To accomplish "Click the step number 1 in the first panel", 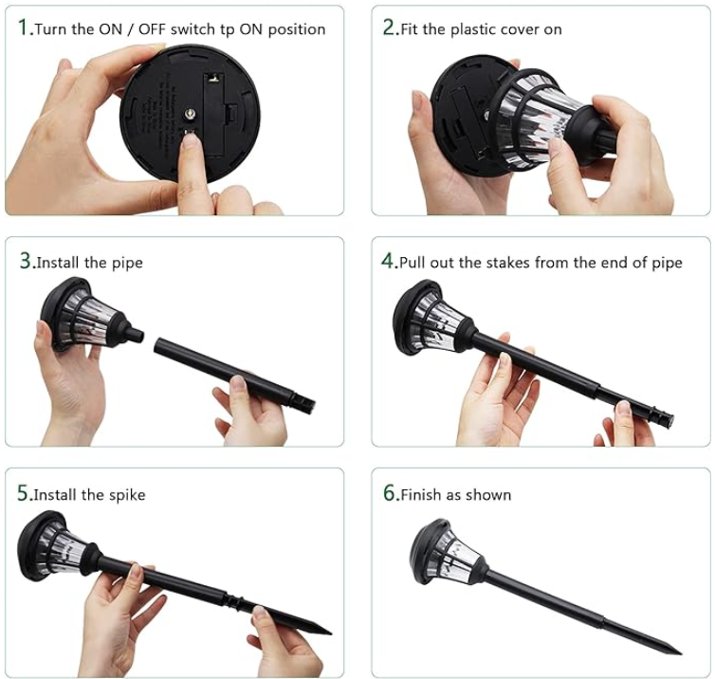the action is coord(23,28).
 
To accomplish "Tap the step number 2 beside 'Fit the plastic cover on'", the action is coord(389,28).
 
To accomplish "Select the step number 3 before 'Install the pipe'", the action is coord(25,261).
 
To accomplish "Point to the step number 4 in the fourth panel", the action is coord(388,261).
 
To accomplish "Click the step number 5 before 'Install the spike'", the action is coord(23,493).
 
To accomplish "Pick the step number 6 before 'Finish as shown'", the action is coord(390,493).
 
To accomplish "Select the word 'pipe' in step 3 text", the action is coord(127,263).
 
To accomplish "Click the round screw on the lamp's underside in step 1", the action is coord(191,114).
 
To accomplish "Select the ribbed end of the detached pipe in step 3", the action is coord(304,402).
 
